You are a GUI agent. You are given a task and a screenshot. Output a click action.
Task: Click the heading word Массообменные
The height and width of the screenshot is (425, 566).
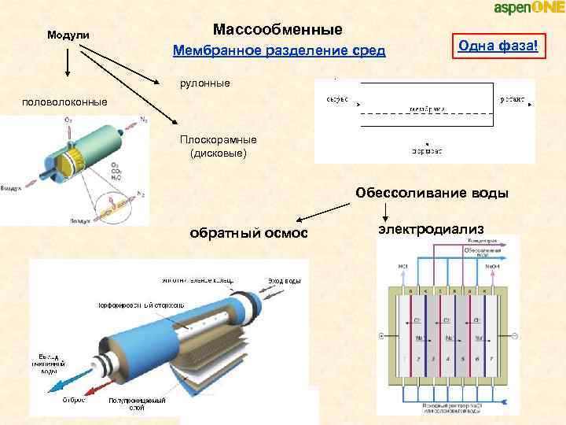(x=277, y=30)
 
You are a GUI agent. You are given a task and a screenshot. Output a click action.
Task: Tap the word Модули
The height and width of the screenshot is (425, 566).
(x=68, y=36)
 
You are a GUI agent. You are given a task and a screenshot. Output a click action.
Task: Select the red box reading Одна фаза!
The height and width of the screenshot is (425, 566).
(x=498, y=47)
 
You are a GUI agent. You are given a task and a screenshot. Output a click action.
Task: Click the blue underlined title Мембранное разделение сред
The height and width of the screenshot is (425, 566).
(x=279, y=52)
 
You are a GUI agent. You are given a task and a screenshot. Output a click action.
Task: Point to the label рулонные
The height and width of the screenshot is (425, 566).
(x=206, y=83)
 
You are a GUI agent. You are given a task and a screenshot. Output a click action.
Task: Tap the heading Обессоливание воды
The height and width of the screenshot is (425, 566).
(x=432, y=193)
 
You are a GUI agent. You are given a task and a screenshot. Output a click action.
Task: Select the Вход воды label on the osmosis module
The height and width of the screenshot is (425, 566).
(x=285, y=281)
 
